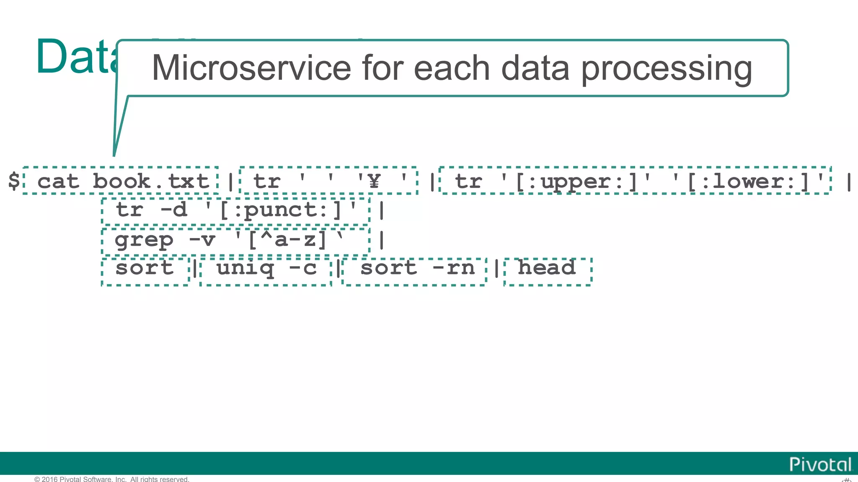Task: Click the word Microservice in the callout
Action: [251, 68]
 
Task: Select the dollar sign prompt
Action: [14, 181]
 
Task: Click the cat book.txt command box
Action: [121, 181]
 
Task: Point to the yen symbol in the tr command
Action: [374, 181]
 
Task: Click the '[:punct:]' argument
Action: [281, 210]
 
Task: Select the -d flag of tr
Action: [174, 210]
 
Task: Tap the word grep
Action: [144, 240]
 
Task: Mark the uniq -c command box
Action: [266, 269]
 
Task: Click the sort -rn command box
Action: [415, 269]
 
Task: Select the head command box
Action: [548, 268]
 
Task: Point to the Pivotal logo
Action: [820, 464]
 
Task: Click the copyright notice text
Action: [112, 479]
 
